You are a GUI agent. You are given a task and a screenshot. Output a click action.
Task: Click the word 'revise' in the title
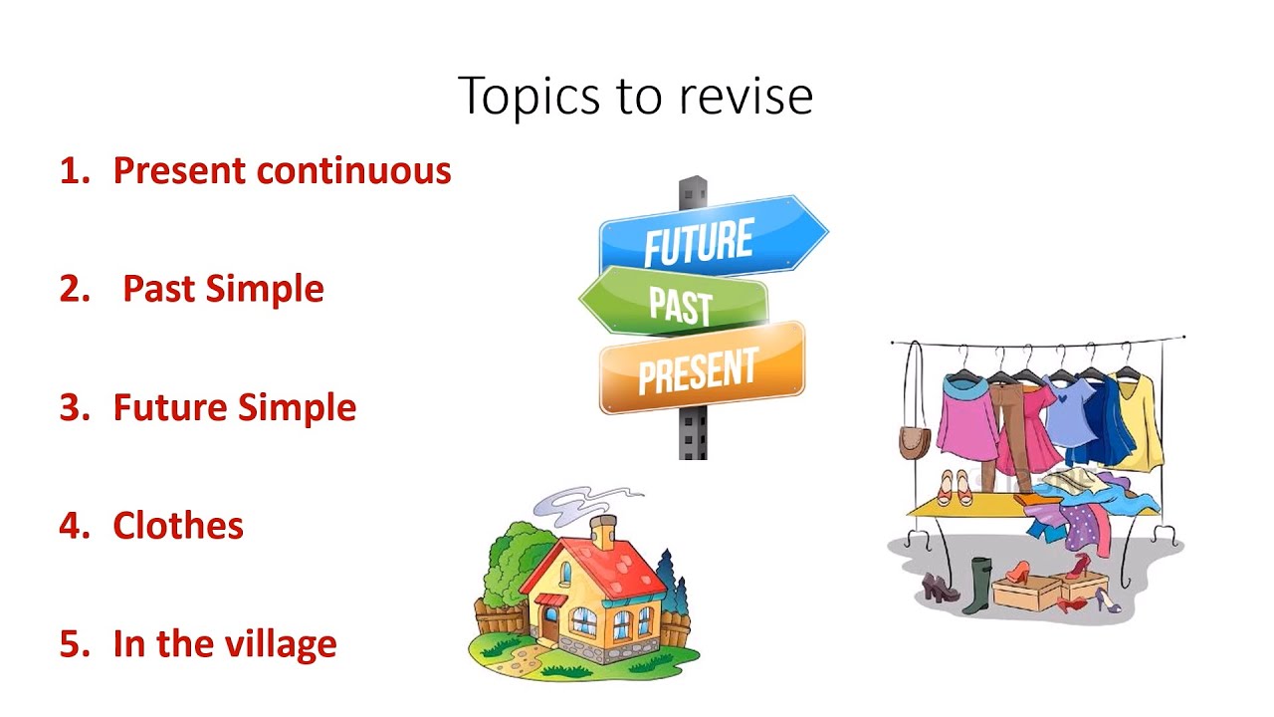pyautogui.click(x=746, y=97)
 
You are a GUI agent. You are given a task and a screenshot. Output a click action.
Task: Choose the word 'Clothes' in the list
pyautogui.click(x=178, y=525)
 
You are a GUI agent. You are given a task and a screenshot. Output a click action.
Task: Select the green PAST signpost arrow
pyautogui.click(x=677, y=302)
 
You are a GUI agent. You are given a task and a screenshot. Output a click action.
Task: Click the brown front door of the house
pyautogui.click(x=549, y=623)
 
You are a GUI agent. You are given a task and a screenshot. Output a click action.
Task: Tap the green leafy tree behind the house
pyautogui.click(x=513, y=558)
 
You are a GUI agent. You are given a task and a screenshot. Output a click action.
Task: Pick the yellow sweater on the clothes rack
pyautogui.click(x=1142, y=422)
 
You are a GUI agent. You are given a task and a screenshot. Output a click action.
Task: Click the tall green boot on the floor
pyautogui.click(x=980, y=585)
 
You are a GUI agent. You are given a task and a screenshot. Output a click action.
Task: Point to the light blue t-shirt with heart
pyautogui.click(x=1067, y=414)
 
